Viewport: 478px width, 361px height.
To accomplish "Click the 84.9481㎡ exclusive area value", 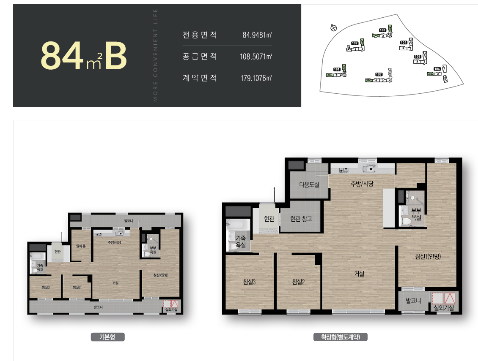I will tap(257, 35).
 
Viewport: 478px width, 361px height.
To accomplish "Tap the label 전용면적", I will tap(200, 35).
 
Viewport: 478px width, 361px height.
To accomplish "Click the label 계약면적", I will tap(200, 78).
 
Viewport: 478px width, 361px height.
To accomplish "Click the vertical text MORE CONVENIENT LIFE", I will tap(155, 55).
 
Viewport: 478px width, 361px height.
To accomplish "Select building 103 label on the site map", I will tap(382, 30).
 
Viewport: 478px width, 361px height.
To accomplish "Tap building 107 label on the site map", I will tap(379, 74).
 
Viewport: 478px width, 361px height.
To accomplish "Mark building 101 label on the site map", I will tap(337, 69).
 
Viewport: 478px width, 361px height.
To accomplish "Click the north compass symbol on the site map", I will tap(333, 28).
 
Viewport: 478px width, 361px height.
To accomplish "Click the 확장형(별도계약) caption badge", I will tap(341, 337).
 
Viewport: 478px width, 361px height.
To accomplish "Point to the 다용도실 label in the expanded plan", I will tap(309, 185).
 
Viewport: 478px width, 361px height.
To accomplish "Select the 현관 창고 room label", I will tap(301, 219).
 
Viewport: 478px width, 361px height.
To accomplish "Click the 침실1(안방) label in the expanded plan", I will tap(428, 256).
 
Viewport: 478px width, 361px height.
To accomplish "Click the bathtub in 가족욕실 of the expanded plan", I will tap(234, 225).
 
